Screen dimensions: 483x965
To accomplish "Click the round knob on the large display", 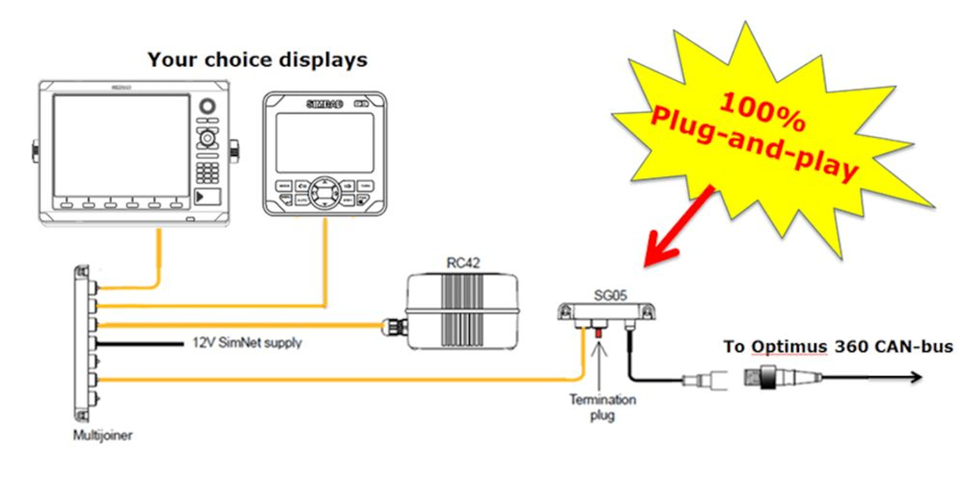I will [x=206, y=107].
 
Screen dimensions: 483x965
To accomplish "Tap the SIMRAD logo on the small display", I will [x=324, y=103].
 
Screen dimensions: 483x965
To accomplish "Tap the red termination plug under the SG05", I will [x=598, y=332].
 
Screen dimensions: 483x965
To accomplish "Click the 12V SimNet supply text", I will [x=246, y=343].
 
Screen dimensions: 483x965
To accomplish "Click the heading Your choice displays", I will [x=256, y=60].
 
